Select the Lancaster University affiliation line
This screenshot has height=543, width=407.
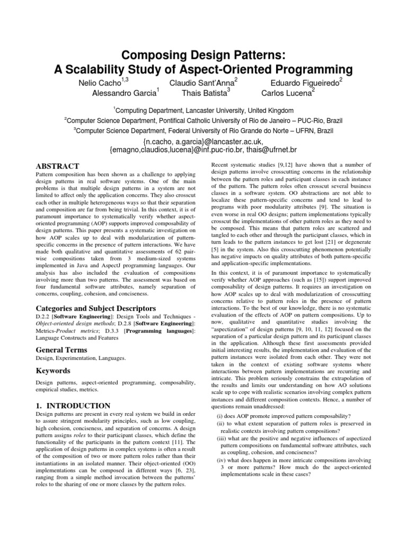pos(203,110)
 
